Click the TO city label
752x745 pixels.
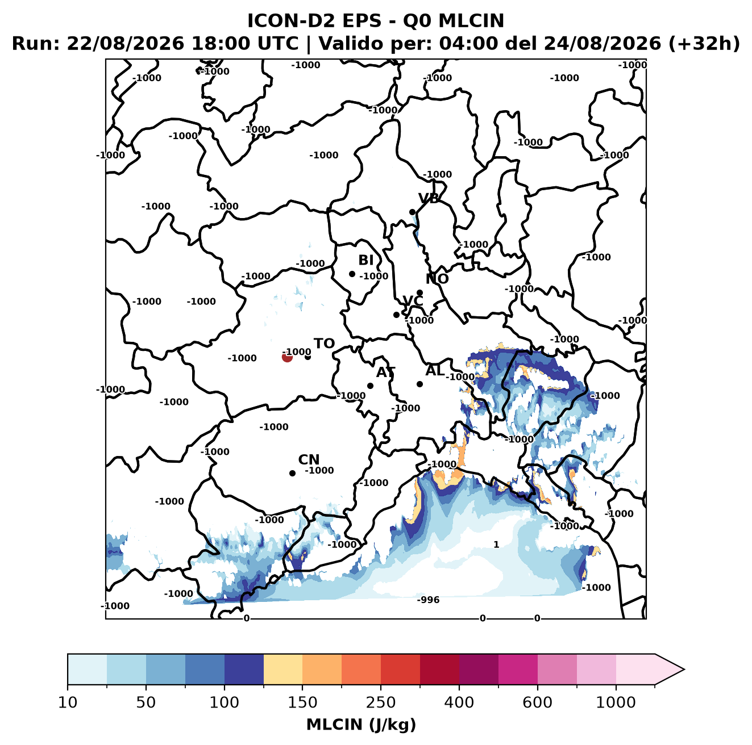click(x=324, y=344)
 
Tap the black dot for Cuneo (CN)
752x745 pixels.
click(x=292, y=473)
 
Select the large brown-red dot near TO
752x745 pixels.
click(x=287, y=357)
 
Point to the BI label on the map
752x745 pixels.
click(x=365, y=260)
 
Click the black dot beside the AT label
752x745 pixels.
click(x=370, y=386)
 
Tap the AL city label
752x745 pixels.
click(x=435, y=370)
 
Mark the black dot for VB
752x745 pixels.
click(x=412, y=212)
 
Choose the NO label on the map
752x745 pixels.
click(x=437, y=279)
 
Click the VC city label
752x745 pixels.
click(x=413, y=300)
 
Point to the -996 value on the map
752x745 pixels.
click(x=428, y=600)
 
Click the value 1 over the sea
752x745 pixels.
click(x=496, y=544)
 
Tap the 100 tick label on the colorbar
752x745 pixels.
click(x=224, y=702)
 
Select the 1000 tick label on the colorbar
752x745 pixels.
click(x=616, y=702)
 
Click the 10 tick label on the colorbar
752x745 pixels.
click(x=68, y=702)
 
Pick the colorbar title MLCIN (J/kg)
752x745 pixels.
click(x=361, y=725)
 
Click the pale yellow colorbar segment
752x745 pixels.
click(x=283, y=669)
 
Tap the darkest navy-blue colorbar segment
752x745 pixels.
click(x=244, y=669)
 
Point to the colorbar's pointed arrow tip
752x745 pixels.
click(x=684, y=669)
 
